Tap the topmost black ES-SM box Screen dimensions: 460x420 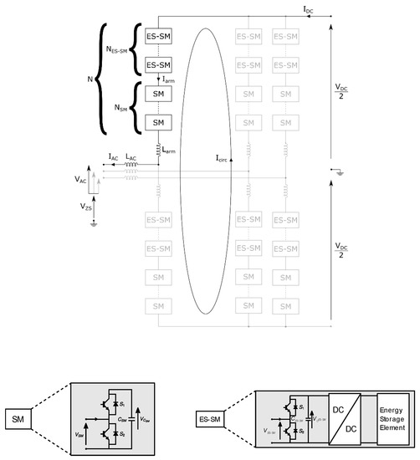point(158,38)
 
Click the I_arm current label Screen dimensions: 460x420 point(169,79)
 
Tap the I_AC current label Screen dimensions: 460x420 point(113,156)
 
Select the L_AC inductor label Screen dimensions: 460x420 point(131,156)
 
